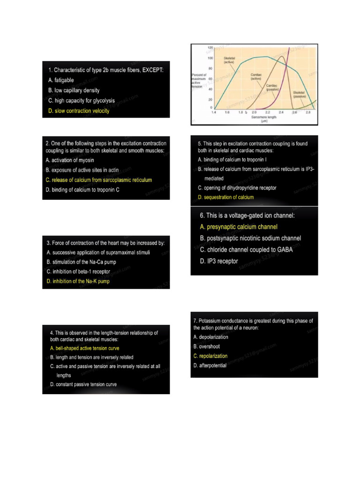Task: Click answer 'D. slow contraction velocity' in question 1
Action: tap(78, 111)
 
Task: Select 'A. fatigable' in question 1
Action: tap(61, 80)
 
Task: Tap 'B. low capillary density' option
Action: tap(74, 90)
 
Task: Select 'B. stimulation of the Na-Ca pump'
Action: tap(81, 262)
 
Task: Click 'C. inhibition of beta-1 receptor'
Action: tap(78, 271)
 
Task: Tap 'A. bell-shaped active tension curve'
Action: tap(84, 348)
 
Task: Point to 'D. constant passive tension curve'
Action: tap(83, 385)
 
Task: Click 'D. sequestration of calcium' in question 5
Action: tap(226, 197)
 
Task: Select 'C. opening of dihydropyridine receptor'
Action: tap(237, 187)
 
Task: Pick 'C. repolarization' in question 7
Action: tap(210, 356)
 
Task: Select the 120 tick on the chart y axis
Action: tap(210, 48)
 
